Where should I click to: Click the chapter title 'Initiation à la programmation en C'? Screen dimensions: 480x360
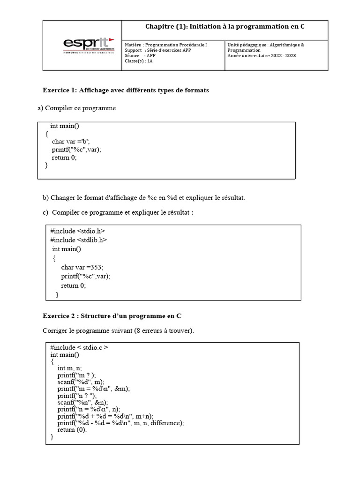(225, 27)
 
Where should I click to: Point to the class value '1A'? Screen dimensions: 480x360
(150, 61)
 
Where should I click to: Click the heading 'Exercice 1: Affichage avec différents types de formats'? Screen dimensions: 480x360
(126, 90)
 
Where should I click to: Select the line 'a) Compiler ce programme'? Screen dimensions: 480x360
(76, 108)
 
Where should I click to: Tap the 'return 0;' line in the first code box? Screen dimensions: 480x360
(64, 157)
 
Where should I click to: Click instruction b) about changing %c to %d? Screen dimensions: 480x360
(143, 197)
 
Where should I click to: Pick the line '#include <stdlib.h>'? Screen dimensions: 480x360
(79, 240)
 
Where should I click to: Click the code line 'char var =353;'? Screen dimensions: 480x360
(82, 267)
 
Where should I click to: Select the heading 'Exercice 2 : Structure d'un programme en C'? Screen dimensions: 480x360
(115, 315)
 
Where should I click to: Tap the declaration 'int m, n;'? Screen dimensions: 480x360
(70, 368)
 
